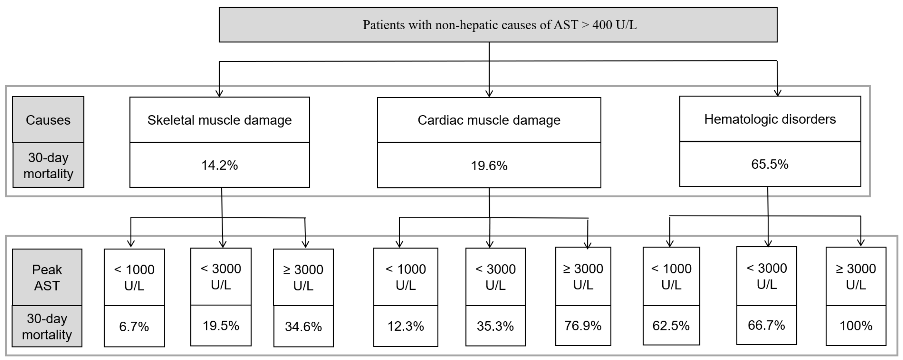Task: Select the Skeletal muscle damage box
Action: click(219, 120)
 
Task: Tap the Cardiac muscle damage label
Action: click(489, 120)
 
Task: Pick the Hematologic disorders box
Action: click(770, 119)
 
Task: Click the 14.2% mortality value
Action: click(219, 165)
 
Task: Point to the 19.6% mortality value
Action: click(489, 166)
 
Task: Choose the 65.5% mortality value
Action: click(770, 164)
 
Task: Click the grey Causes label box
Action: click(48, 120)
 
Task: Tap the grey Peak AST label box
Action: click(47, 277)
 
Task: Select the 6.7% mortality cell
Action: click(134, 326)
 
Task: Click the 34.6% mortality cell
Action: click(303, 326)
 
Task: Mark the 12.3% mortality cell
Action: click(406, 326)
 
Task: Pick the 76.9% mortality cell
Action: click(583, 326)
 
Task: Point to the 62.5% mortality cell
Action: click(671, 326)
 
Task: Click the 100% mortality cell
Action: click(856, 326)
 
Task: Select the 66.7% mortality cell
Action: click(766, 325)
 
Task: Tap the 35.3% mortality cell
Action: click(495, 326)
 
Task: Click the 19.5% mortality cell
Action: click(221, 326)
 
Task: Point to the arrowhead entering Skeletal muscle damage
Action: click(219, 93)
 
